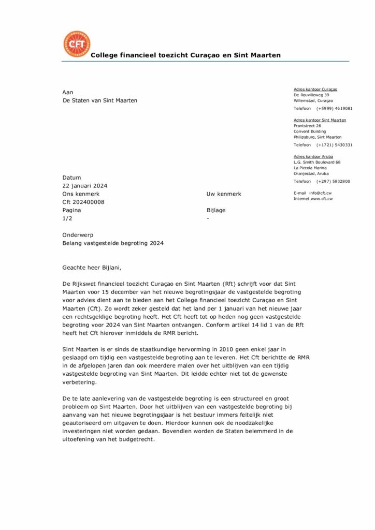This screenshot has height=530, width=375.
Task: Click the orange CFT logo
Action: pos(76,44)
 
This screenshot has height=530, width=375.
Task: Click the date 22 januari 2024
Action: pos(85,186)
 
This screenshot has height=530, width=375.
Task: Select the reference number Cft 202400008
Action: pos(83,202)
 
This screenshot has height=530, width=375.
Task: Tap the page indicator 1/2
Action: pos(67,219)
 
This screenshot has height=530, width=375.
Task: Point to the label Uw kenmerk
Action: pos(224,194)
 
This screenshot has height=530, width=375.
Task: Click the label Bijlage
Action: pos(216,211)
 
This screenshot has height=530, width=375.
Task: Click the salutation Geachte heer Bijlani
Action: pos(94,268)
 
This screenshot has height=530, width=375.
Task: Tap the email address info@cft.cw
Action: pos(321,193)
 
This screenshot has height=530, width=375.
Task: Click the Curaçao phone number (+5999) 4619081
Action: pos(335,109)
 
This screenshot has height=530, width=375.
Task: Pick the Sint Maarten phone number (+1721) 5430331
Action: pos(335,145)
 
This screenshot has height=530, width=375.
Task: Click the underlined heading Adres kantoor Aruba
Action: pos(313,156)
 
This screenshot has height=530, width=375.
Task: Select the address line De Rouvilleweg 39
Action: pos(311,95)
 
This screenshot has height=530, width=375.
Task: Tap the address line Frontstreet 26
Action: pos(307,126)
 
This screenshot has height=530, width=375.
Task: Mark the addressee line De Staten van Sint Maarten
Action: pos(100,100)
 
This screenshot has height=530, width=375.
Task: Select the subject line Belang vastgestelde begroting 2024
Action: pos(113,243)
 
